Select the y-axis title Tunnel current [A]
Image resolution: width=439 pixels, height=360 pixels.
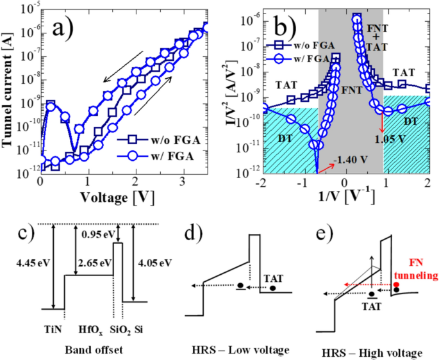click(x=9, y=90)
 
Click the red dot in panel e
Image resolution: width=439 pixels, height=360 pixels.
click(x=397, y=284)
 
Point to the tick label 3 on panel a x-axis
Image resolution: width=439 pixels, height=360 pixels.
click(x=183, y=181)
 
